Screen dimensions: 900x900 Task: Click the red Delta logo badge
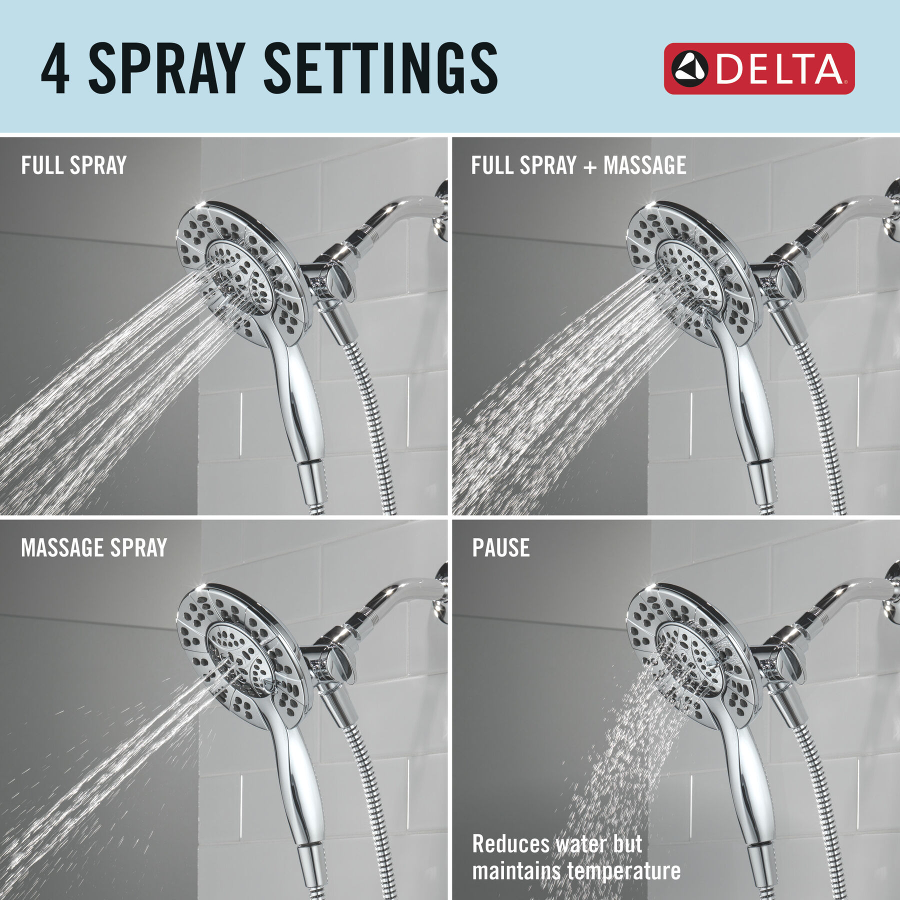759,68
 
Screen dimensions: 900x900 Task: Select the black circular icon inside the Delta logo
689,68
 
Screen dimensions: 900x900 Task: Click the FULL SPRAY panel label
74,165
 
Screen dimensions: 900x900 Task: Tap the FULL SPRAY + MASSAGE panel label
578,165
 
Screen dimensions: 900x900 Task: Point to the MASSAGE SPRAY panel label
94,548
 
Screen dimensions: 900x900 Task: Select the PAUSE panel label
501,548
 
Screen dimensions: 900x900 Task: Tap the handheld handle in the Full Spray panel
300,400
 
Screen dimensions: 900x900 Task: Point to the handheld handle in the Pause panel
750,785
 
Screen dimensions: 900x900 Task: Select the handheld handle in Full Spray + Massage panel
750,400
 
